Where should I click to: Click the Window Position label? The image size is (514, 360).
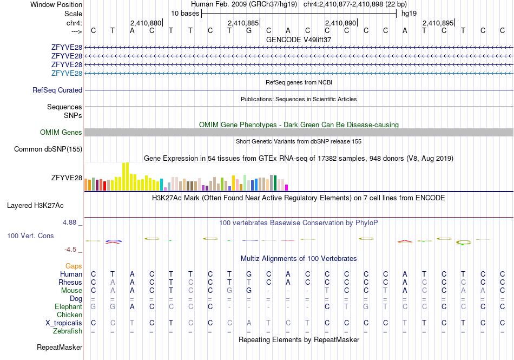(56, 4)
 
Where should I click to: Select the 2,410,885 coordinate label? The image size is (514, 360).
(243, 23)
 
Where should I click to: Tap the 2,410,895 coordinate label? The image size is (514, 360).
(438, 23)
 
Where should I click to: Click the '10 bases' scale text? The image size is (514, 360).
(185, 14)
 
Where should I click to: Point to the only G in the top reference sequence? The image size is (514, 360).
(249, 30)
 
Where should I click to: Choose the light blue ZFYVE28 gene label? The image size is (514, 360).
(67, 73)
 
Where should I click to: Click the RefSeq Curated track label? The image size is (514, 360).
(57, 90)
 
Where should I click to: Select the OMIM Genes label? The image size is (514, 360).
(61, 132)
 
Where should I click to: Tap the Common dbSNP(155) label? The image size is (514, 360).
(48, 149)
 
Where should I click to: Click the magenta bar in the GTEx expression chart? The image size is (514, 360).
(286, 187)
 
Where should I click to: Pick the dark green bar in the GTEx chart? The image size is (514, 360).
(275, 183)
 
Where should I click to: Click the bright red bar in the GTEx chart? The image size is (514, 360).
(104, 186)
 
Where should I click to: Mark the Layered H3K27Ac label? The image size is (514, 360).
(35, 206)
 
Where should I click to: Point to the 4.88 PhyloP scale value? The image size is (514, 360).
(69, 222)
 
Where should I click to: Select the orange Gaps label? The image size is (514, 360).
(74, 266)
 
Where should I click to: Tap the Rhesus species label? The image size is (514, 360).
(70, 282)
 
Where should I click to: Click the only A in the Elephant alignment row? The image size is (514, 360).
(132, 306)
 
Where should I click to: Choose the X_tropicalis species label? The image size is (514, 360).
(64, 323)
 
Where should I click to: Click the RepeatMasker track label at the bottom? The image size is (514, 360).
(60, 347)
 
